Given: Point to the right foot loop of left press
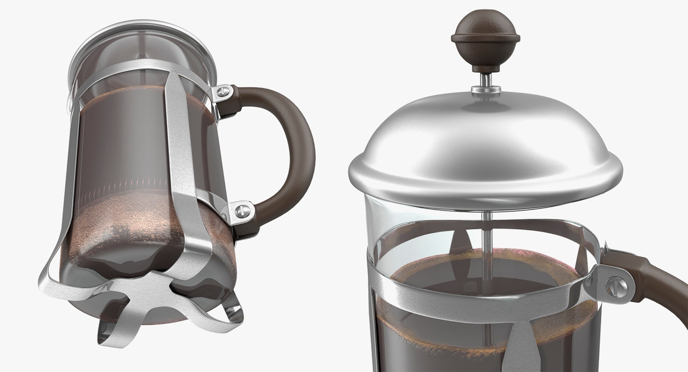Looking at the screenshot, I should [229, 308].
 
